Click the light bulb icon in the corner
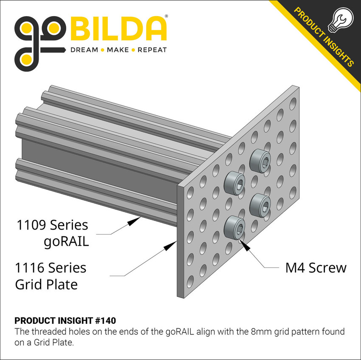[341, 24]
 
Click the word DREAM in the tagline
[84, 50]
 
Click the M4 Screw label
[316, 268]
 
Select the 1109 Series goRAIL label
[52, 232]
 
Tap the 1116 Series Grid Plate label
[51, 276]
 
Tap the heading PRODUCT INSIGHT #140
[65, 320]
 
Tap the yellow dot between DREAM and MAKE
[102, 50]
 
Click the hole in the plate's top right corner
[293, 103]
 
